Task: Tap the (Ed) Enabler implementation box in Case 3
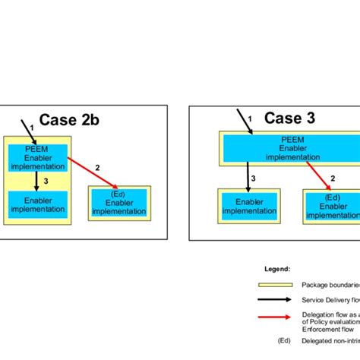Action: pos(331,206)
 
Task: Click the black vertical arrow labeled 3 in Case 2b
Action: pos(36,181)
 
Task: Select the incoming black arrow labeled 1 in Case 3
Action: pos(245,121)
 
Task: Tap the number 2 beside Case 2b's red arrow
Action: pos(97,166)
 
